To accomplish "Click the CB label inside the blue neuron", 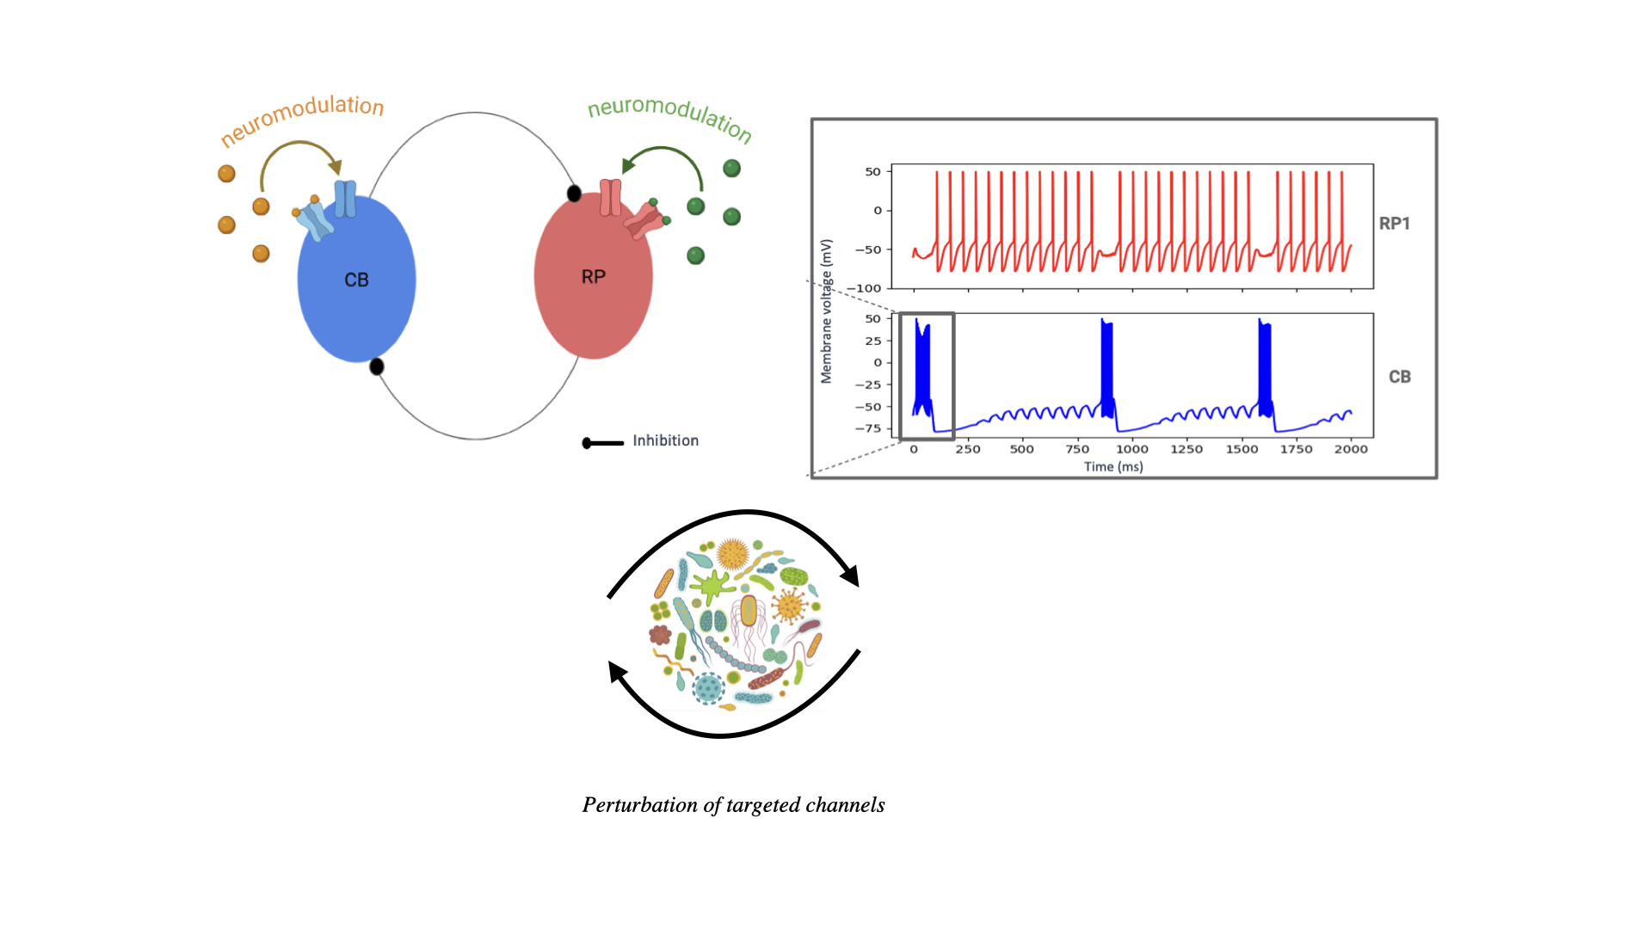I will (x=356, y=280).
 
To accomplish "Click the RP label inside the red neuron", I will (x=594, y=277).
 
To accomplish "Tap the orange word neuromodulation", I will (x=302, y=118).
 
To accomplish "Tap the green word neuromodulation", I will (x=669, y=117).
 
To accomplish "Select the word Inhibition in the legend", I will (x=665, y=440).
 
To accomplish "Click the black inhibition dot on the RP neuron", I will (x=574, y=194).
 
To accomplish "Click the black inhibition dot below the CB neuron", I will (x=376, y=367).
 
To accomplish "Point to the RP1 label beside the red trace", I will (x=1394, y=224).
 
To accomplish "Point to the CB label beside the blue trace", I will (x=1399, y=377).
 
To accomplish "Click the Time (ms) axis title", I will (x=1113, y=467).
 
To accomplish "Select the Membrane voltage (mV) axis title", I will (x=827, y=311).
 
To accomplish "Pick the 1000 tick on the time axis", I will (x=1131, y=449).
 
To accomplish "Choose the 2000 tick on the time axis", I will (x=1350, y=449).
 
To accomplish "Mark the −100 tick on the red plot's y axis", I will (x=867, y=288).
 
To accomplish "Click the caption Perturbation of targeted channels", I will (x=733, y=805).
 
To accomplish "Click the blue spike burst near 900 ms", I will (x=1107, y=366).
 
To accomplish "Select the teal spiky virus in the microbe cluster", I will (x=708, y=687).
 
